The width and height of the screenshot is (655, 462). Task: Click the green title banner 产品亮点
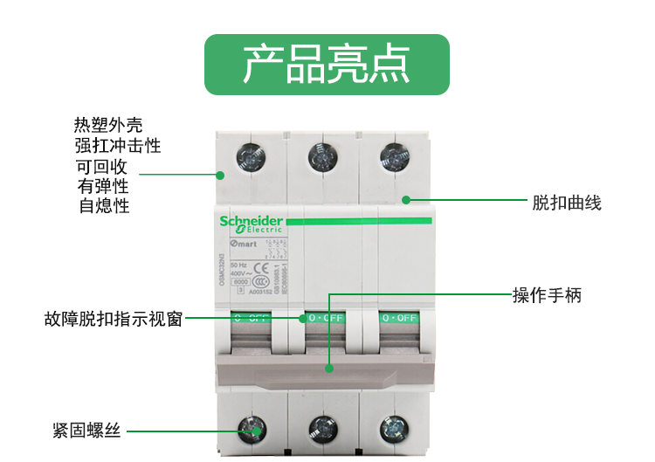(x=327, y=65)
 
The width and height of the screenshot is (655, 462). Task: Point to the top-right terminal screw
(x=393, y=158)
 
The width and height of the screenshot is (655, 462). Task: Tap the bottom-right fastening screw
(x=393, y=428)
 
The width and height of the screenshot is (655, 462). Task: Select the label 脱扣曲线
(x=567, y=203)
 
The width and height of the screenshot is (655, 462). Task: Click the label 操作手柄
(x=547, y=295)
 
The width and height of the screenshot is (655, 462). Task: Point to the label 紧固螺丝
(x=86, y=431)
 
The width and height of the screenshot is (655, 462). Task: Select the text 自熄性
(x=104, y=206)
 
